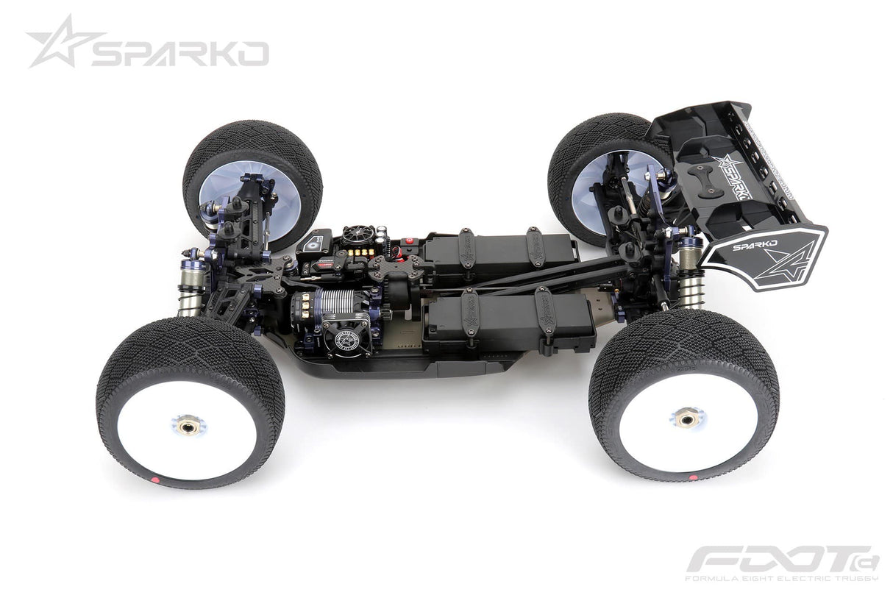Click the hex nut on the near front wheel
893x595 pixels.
point(188,425)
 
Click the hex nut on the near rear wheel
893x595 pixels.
point(687,418)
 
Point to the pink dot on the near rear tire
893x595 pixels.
point(693,477)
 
